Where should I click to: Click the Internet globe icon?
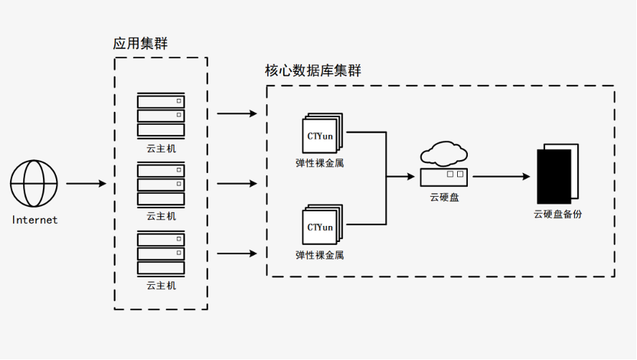34,184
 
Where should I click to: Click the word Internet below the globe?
34,221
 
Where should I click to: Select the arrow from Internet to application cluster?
86,184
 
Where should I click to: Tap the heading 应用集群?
140,44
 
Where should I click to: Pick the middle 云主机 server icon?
161,184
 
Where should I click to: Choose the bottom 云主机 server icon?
161,253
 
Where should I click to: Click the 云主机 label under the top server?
161,149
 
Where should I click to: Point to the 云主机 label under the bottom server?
161,286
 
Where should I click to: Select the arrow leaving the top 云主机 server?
237,114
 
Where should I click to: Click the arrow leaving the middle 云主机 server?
237,184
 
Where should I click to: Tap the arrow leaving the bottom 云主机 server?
237,254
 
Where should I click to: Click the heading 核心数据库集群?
313,71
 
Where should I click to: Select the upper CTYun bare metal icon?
322,134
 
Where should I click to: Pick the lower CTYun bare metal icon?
322,225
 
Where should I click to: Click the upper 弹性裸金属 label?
320,162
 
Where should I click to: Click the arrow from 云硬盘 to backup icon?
501,177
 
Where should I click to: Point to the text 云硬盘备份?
557,214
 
